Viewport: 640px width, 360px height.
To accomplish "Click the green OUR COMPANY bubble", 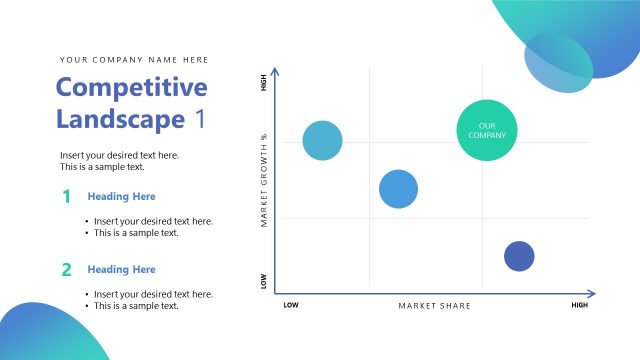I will [488, 130].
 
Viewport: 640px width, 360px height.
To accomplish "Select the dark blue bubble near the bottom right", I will [519, 256].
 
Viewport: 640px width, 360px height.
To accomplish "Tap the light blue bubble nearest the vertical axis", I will [322, 141].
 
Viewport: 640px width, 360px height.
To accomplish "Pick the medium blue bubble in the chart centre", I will [398, 189].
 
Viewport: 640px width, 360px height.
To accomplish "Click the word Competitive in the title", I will [131, 87].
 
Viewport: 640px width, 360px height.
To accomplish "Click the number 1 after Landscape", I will [200, 119].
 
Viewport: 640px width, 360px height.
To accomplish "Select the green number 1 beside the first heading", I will [66, 196].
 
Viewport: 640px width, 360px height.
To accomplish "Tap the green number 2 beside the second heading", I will [66, 269].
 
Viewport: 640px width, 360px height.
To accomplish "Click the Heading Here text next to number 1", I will [121, 196].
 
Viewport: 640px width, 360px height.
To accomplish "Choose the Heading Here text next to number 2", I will [121, 269].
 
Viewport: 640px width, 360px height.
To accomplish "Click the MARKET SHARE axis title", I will [434, 305].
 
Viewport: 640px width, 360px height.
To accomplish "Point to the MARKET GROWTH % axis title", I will [264, 180].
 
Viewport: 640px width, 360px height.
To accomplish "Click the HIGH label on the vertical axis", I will [264, 83].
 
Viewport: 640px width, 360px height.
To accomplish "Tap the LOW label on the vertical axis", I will [264, 282].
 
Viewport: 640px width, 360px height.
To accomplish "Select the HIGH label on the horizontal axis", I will [579, 305].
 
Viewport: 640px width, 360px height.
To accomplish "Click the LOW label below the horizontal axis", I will [291, 305].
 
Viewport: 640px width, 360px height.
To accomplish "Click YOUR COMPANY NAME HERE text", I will [134, 59].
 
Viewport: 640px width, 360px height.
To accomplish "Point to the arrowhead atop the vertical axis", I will [275, 71].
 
